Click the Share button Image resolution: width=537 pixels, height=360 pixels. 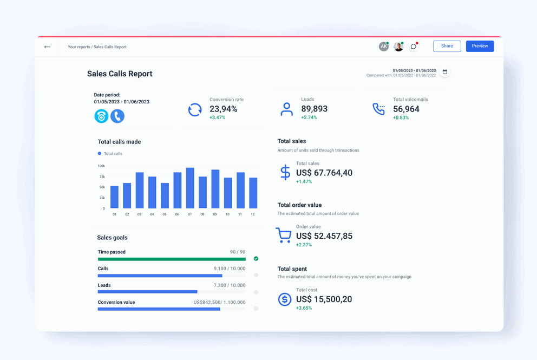point(447,46)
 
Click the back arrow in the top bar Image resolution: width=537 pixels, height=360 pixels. point(48,47)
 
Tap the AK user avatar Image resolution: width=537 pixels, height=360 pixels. point(383,47)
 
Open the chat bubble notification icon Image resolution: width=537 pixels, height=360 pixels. point(414,47)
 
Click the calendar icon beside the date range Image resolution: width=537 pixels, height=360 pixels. point(445,72)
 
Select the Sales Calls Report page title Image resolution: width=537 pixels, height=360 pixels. point(120,74)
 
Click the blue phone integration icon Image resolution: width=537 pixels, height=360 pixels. point(117,116)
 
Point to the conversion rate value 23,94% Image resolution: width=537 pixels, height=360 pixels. point(223,109)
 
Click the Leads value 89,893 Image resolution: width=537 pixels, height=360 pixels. point(314,109)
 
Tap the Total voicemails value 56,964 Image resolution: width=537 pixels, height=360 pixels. point(406,109)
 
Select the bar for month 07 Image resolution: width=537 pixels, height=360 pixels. point(190,188)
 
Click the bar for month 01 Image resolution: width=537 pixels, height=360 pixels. point(114,197)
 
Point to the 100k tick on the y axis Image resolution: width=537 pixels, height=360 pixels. point(101,166)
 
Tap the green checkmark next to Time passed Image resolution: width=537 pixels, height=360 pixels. point(256,259)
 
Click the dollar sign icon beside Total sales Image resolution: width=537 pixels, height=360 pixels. point(285,172)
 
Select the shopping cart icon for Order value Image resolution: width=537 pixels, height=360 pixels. point(284,235)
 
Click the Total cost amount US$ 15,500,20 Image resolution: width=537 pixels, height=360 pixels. point(324,299)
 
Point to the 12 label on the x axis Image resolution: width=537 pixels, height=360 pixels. point(253,214)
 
